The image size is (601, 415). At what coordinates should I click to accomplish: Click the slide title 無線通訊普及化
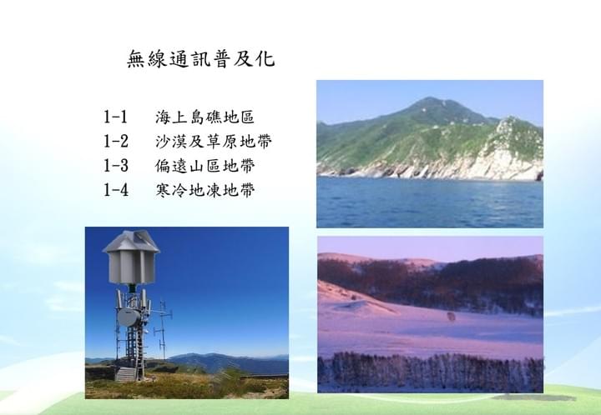201,59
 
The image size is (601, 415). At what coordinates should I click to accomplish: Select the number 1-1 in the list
115,117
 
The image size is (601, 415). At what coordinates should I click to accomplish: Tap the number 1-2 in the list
116,141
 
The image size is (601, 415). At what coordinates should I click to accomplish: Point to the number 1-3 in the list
116,166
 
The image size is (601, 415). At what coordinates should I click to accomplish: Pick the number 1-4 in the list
116,190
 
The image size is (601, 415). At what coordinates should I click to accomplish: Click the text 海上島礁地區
205,117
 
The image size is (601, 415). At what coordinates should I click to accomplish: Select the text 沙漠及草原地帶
213,141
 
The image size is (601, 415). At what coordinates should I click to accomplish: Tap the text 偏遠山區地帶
205,166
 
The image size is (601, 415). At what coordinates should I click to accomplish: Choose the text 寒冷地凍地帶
205,190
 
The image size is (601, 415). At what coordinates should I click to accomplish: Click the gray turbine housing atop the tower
131,257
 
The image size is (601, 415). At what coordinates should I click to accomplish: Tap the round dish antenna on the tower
129,317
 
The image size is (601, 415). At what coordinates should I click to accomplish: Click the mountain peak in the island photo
430,100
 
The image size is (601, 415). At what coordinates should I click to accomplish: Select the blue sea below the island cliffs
430,202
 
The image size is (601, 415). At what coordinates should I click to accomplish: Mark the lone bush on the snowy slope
451,317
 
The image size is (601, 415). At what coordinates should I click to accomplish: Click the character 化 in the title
265,59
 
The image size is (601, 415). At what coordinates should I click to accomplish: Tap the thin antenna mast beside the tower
163,330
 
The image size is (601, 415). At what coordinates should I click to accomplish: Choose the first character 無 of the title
136,59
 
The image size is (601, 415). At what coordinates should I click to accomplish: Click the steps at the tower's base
126,374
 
